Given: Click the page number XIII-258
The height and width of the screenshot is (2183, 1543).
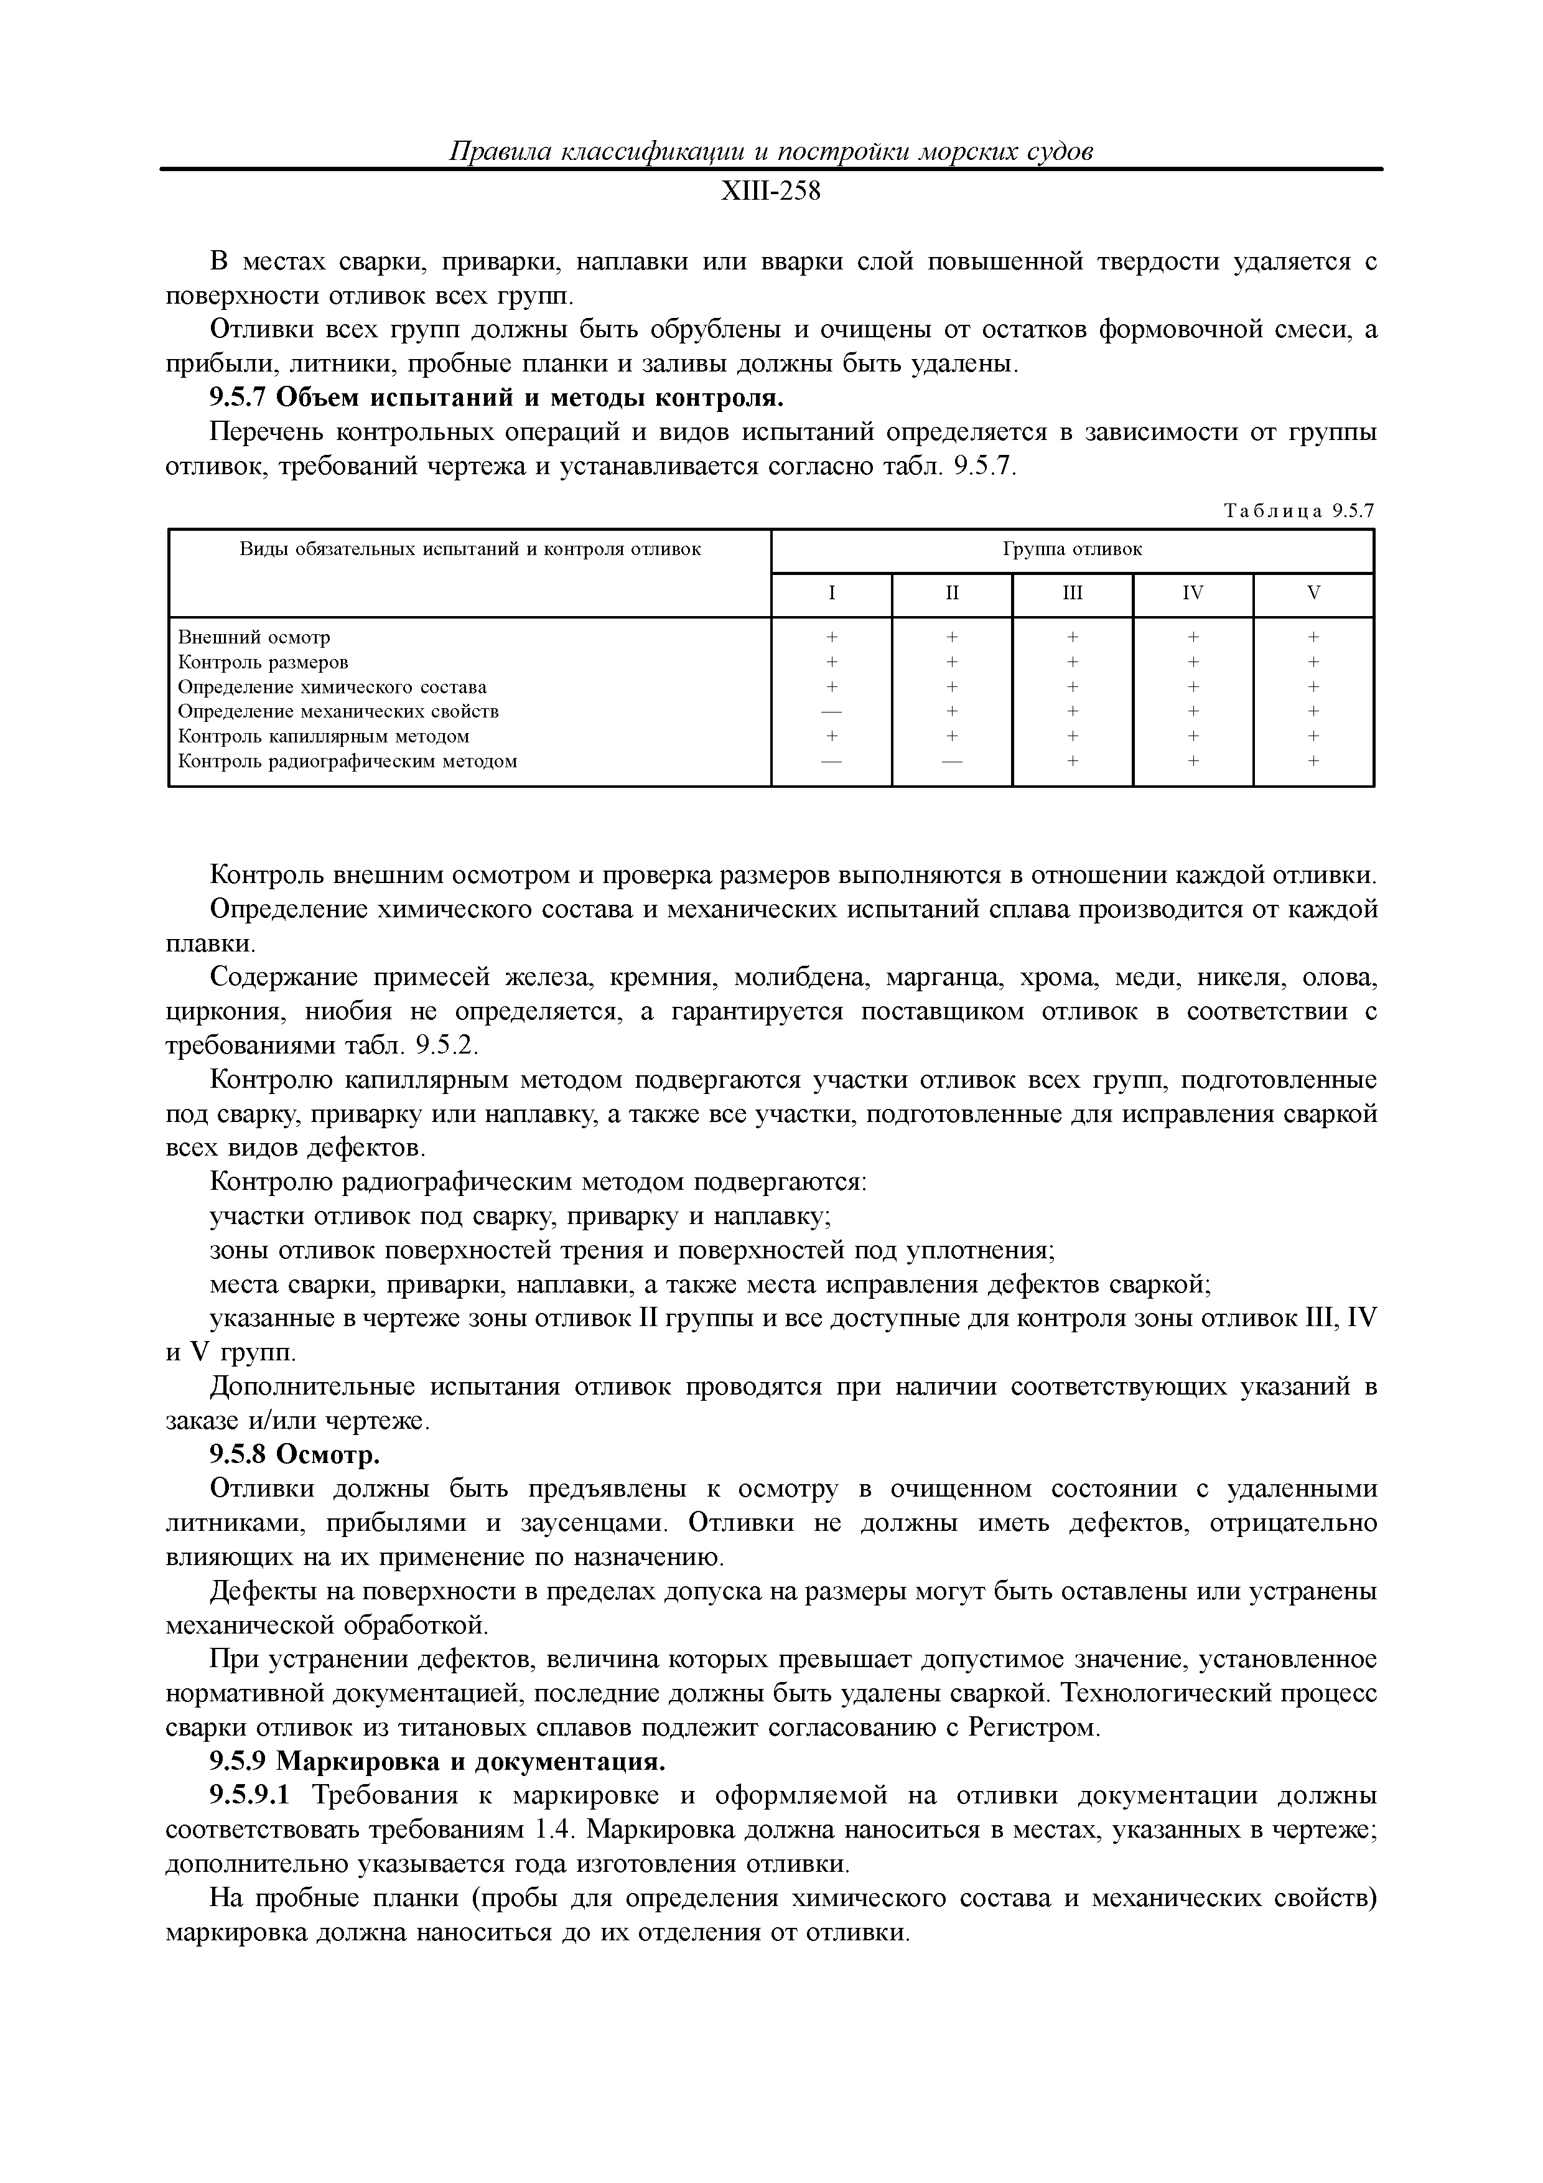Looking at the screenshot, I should (x=770, y=193).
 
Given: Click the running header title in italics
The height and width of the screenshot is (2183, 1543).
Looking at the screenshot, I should (x=770, y=152).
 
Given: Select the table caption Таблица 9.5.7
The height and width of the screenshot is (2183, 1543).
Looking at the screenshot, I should (x=1298, y=512).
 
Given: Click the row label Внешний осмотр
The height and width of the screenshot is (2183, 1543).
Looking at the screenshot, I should (x=254, y=637).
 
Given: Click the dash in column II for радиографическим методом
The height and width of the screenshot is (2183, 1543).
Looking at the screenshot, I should (x=952, y=760).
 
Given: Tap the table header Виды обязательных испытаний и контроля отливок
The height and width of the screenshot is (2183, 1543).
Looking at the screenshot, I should (x=470, y=549).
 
